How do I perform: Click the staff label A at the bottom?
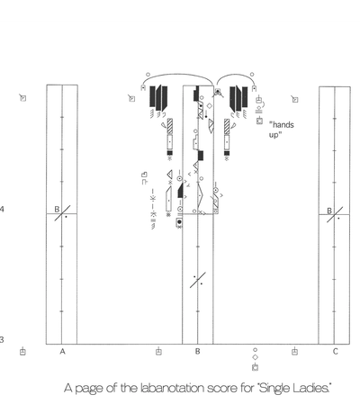point(62,351)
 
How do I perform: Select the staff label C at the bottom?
point(335,351)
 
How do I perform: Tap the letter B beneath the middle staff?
point(197,351)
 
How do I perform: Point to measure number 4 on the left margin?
point(2,209)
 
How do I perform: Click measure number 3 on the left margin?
point(2,340)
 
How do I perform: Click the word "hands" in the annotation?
point(282,124)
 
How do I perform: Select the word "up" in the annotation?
point(274,135)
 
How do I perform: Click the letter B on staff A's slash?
point(57,209)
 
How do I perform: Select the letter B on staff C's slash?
point(329,211)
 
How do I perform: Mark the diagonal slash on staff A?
point(62,213)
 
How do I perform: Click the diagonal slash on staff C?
point(335,215)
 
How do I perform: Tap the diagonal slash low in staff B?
point(198,280)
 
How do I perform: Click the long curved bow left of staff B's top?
point(177,75)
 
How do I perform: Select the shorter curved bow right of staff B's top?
point(236,73)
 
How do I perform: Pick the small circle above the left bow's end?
point(148,75)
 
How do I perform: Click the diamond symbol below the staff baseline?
point(255,357)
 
